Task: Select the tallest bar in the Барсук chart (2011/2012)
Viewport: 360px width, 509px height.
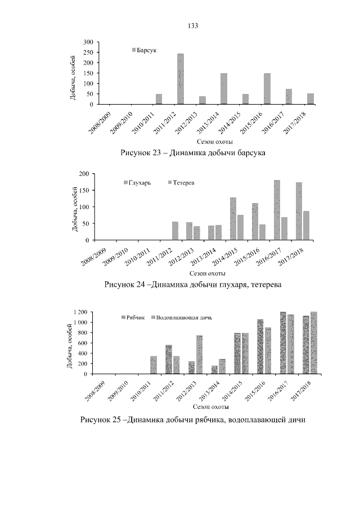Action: point(181,79)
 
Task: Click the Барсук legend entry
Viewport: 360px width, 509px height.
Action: point(144,50)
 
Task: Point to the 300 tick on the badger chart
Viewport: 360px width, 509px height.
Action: point(88,42)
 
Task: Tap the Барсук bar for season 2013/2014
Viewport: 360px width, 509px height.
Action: point(224,89)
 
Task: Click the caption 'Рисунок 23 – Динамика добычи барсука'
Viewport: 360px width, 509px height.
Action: point(193,152)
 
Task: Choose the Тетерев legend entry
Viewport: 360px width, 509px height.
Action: point(181,183)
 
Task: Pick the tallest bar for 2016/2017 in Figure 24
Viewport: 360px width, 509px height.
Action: point(277,210)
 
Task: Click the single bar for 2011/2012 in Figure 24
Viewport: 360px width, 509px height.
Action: point(175,231)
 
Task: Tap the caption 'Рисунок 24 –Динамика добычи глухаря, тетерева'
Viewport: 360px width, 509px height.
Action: point(193,285)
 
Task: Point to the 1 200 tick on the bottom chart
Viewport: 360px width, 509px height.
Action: point(79,312)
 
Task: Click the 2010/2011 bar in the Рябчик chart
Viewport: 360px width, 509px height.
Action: point(154,365)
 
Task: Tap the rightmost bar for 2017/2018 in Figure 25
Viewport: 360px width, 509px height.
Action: point(314,343)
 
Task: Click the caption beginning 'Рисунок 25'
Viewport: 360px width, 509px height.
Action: point(193,419)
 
